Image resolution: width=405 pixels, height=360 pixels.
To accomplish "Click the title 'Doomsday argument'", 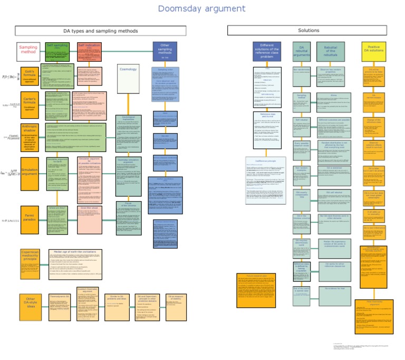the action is pos(201,9).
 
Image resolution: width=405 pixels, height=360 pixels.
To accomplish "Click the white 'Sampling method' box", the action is pos(28,51).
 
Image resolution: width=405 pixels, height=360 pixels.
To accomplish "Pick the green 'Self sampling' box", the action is pos(57,51).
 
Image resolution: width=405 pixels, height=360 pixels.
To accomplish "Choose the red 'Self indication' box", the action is pos(89,51).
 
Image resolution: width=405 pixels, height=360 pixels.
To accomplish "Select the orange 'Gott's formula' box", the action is pos(30,75).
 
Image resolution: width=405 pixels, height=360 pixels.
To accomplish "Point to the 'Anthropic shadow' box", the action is pos(30,137).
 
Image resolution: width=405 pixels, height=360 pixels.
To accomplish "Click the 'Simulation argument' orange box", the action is pos(30,173).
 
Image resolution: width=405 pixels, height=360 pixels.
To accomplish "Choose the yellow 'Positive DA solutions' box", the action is pos(374,51).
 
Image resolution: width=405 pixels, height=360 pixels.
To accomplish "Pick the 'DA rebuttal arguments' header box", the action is pos(302,51).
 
